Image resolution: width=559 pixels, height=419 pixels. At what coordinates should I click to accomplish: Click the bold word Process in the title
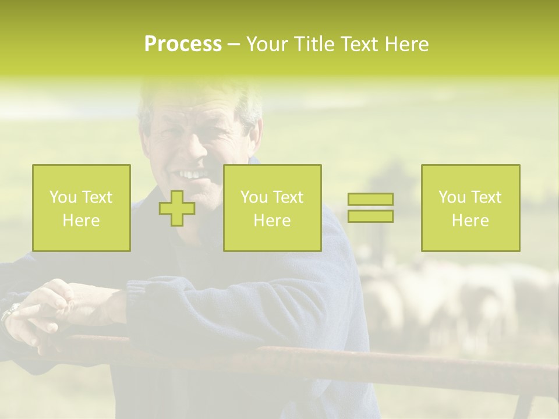point(183,44)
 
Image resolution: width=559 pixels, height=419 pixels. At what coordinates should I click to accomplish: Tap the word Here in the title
point(406,44)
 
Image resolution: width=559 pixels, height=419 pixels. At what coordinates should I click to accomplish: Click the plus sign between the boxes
point(177,208)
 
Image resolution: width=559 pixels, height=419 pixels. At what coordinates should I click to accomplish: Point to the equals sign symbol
point(370,208)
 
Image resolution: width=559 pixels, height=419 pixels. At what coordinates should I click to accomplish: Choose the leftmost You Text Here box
point(82,208)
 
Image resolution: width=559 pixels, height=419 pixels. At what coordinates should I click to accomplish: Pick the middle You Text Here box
point(272,208)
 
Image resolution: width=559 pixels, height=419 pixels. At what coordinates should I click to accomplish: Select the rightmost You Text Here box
point(470,208)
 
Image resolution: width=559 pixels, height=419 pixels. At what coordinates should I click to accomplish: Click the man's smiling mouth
point(193,174)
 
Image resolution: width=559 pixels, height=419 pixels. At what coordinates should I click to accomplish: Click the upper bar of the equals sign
point(370,200)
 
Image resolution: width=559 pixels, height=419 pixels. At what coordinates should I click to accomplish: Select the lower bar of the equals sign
point(370,216)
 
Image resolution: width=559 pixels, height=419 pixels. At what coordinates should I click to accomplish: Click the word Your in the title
point(269,44)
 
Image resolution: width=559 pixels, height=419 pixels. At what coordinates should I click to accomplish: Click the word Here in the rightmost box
point(470,221)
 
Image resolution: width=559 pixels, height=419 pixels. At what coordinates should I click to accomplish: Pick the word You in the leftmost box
point(62,197)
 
